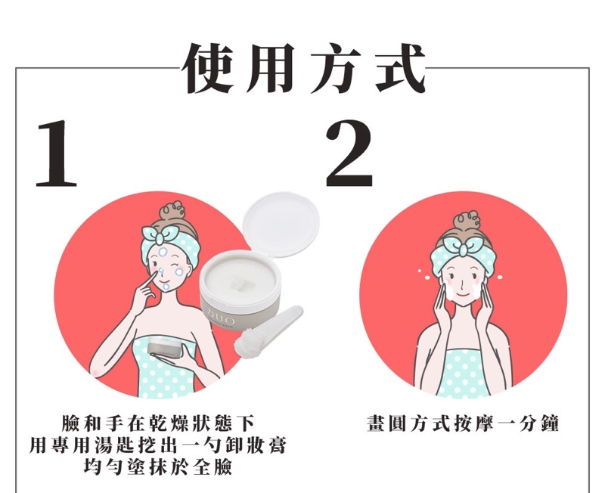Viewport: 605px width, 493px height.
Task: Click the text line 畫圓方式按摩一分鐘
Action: tap(462, 423)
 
